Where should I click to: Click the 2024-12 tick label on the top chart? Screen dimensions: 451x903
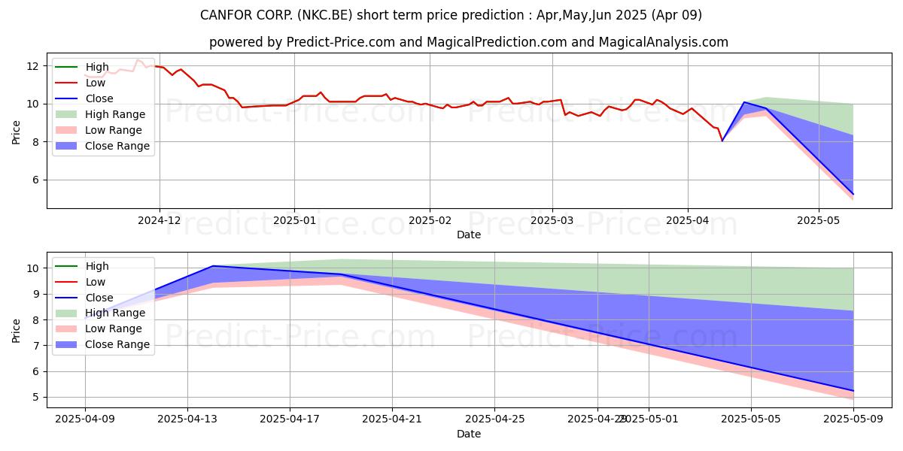(159, 220)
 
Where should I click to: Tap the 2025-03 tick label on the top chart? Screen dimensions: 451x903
(552, 220)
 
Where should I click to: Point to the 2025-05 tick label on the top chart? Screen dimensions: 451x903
(819, 220)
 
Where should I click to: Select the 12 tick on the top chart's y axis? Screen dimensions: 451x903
(32, 66)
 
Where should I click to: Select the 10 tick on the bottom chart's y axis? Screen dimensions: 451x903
(32, 268)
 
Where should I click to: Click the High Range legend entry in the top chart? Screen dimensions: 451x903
(115, 114)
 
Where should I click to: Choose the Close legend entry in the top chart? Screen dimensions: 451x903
(99, 98)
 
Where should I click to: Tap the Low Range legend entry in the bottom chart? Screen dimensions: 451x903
(114, 328)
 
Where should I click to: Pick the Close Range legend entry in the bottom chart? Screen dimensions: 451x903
(117, 344)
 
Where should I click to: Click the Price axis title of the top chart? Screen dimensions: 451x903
(17, 132)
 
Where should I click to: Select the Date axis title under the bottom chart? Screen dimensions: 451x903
(469, 434)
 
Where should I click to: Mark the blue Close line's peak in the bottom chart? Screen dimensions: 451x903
(214, 266)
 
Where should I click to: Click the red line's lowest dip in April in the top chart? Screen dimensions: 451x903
(722, 141)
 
